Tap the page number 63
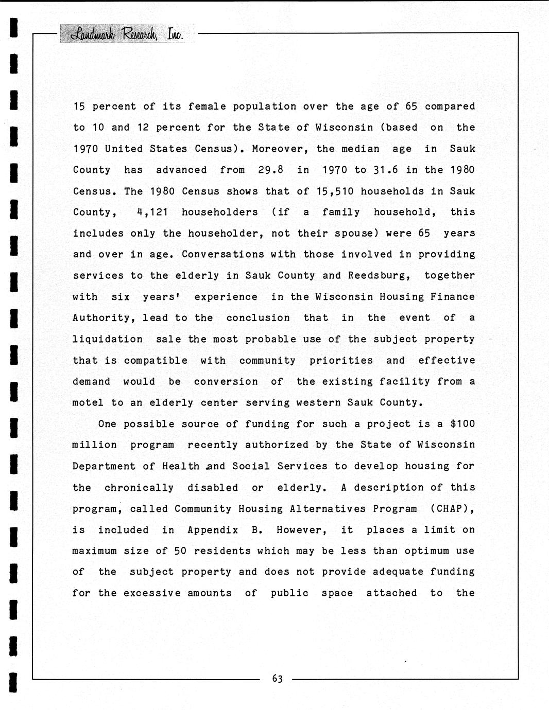coord(277,679)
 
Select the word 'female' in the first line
coord(207,106)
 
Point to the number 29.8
coord(271,170)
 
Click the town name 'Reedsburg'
coord(379,275)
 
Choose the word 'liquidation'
coord(107,339)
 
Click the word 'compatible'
coord(156,361)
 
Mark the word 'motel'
coord(88,403)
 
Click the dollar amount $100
coord(462,424)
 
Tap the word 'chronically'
coord(139,488)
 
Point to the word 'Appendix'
coord(213,530)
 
